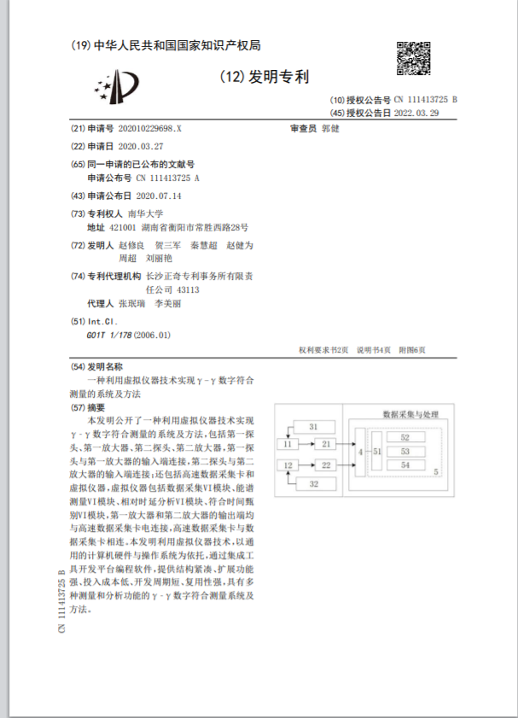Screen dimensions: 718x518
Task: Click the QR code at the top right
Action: (x=416, y=60)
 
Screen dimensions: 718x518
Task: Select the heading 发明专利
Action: (x=277, y=77)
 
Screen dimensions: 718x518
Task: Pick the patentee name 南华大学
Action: (x=144, y=213)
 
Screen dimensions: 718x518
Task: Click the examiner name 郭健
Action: (x=330, y=128)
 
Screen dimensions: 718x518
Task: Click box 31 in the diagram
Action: (x=312, y=426)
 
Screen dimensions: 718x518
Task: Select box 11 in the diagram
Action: (x=288, y=444)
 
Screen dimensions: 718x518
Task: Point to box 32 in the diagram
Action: (x=312, y=484)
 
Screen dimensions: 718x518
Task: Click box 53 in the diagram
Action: (x=405, y=451)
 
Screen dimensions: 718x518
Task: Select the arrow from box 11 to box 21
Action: (x=305, y=444)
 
